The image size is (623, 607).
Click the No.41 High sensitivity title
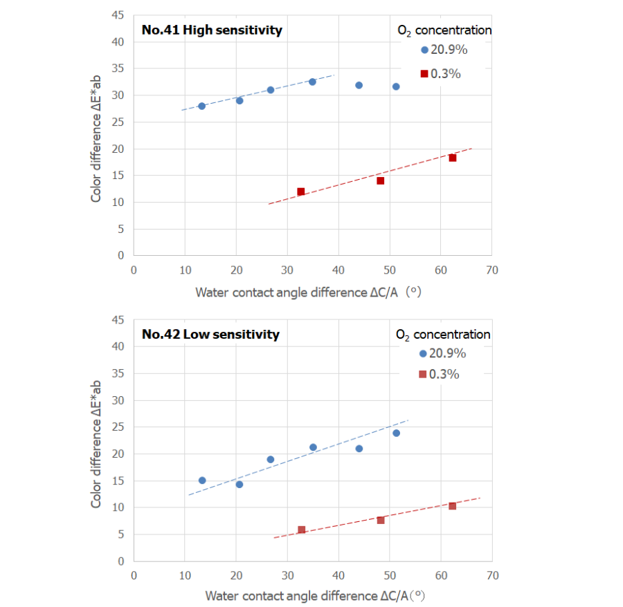212,30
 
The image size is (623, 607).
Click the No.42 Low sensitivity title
210,335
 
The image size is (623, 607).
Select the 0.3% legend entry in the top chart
440,74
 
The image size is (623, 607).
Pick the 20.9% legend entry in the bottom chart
443,353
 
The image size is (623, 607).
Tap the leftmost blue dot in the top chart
201,106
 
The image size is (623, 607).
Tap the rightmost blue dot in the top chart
396,86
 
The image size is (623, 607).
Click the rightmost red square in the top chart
453,158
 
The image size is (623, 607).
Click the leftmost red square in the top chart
301,192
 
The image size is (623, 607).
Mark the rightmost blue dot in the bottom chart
397,433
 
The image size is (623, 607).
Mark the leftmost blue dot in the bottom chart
202,480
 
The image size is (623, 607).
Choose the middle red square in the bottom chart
381,520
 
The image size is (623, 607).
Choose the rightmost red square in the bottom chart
453,506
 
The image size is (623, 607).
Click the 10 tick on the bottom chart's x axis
185,575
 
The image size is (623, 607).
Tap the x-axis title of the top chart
308,292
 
